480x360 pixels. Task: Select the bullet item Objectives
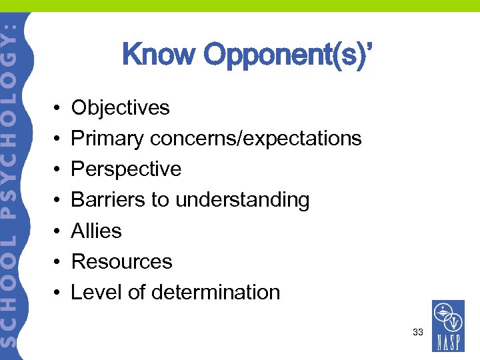[120, 107]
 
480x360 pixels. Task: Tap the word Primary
[107, 138]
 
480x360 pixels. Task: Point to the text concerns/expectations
[256, 139]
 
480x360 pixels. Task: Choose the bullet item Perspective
[126, 169]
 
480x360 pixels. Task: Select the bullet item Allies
[96, 231]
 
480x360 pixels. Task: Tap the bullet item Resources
[121, 261]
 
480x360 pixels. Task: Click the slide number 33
[418, 331]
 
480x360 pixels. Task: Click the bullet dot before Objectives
[58, 108]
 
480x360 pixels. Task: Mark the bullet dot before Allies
[58, 231]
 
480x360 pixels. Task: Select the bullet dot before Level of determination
[58, 293]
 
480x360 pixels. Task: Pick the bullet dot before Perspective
[58, 170]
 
